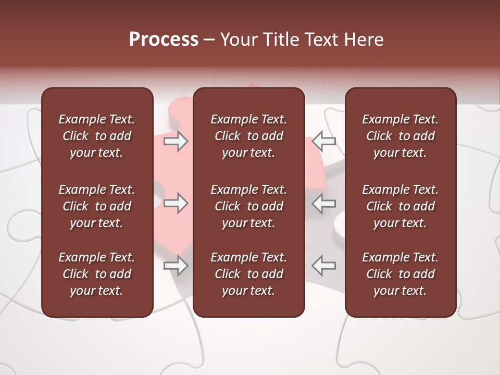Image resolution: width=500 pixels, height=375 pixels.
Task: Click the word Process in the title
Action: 164,40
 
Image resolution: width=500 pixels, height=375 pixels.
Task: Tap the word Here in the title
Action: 365,40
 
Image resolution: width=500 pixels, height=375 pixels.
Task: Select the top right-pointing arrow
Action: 176,141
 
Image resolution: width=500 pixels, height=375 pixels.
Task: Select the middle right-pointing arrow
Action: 176,203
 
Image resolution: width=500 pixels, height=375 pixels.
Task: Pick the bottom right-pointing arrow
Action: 176,266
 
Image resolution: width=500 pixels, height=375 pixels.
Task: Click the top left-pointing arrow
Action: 324,141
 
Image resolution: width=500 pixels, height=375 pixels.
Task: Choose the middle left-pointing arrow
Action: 324,203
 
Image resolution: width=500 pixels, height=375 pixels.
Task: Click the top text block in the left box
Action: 97,136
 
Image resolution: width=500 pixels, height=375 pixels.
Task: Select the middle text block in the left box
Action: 97,206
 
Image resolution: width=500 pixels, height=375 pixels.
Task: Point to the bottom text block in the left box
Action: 97,274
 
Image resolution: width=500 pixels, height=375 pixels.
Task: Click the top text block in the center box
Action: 248,136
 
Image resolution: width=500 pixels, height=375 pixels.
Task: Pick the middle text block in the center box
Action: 248,206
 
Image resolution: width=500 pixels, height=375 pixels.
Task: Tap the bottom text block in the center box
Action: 248,274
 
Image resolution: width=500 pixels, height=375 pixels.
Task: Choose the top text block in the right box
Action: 400,136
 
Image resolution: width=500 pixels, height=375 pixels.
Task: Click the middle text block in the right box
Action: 400,206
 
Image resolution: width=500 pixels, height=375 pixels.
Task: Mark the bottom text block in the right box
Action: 400,274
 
